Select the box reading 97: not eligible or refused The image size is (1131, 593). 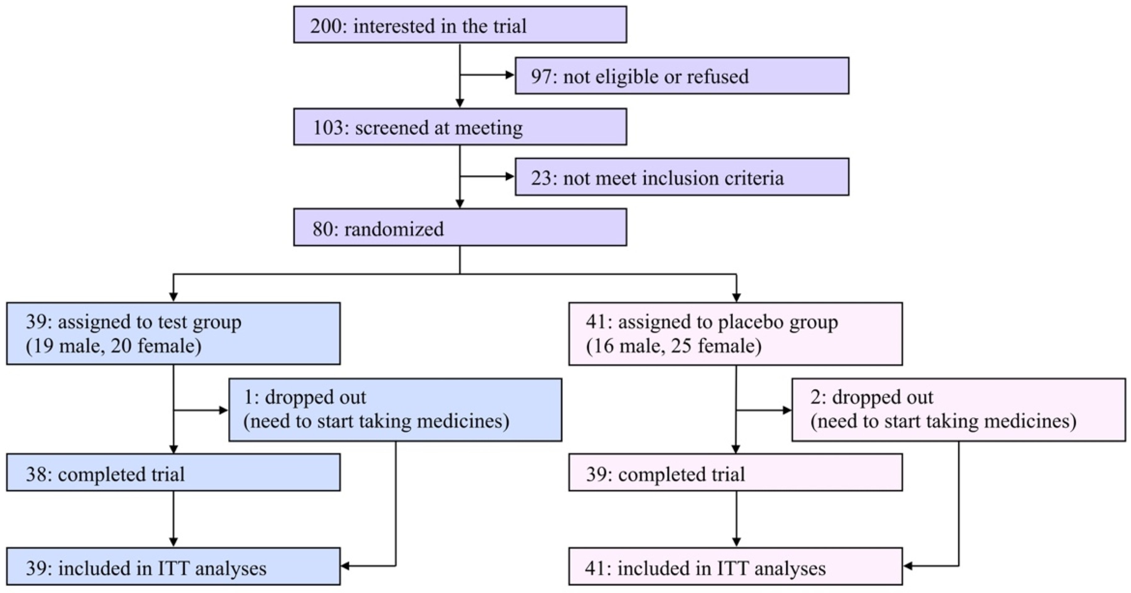pyautogui.click(x=682, y=76)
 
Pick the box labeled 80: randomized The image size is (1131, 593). pyautogui.click(x=460, y=227)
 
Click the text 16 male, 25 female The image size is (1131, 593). pyautogui.click(x=673, y=346)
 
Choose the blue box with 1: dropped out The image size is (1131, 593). pyautogui.click(x=395, y=409)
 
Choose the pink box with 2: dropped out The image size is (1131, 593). pyautogui.click(x=958, y=409)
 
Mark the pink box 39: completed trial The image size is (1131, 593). pyautogui.click(x=735, y=472)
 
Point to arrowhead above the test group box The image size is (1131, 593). pyautogui.click(x=174, y=297)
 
